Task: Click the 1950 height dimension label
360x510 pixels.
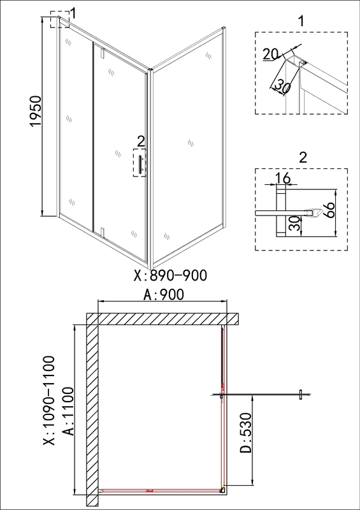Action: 36,111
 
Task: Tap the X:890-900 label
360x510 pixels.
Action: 170,275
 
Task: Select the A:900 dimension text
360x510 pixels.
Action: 164,295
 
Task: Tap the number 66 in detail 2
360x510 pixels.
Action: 328,210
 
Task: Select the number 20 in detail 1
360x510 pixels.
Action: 270,54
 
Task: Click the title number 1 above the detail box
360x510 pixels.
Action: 301,22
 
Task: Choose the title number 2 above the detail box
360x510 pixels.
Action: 303,158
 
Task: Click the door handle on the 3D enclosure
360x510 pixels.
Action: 140,164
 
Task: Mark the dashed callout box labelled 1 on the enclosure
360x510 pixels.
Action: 60,19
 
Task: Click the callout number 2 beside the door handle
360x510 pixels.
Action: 140,142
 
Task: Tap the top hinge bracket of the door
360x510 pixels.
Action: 103,53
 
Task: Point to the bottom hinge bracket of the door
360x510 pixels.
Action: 103,231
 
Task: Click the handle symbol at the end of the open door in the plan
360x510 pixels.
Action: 301,395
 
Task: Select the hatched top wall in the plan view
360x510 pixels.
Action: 162,319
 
